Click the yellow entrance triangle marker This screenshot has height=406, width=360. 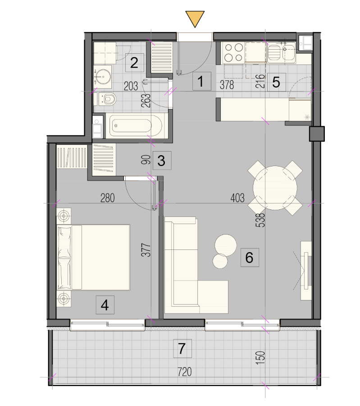click(x=195, y=18)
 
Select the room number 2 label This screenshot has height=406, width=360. click(x=134, y=63)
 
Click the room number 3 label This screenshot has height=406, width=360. click(x=162, y=161)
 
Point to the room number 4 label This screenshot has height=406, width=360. click(x=105, y=305)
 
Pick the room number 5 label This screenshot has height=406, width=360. click(x=276, y=83)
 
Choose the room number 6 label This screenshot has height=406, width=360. click(x=250, y=258)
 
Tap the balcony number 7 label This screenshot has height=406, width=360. click(x=182, y=349)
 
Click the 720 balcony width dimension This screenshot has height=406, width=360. click(x=185, y=372)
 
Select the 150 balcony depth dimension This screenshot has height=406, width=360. click(x=260, y=358)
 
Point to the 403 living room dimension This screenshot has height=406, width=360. click(x=237, y=198)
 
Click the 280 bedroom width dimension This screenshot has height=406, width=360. click(x=108, y=198)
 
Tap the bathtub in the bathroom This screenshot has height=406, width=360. click(x=136, y=126)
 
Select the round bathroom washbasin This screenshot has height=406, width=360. click(x=104, y=77)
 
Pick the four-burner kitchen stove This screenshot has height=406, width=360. click(x=233, y=53)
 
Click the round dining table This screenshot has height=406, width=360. click(x=275, y=188)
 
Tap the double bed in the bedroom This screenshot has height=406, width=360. click(x=93, y=257)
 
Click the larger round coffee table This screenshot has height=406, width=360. click(x=226, y=245)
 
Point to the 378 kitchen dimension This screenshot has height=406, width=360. click(x=227, y=85)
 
